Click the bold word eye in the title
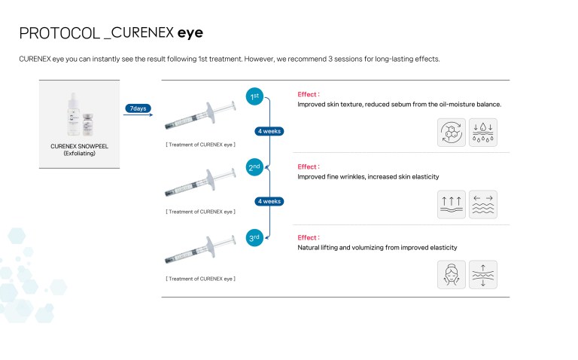point(189,33)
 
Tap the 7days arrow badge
point(138,108)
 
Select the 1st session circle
point(255,96)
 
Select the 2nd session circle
point(255,168)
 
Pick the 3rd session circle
point(255,239)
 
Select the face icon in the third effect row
point(452,274)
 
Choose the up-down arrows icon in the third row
point(482,274)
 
